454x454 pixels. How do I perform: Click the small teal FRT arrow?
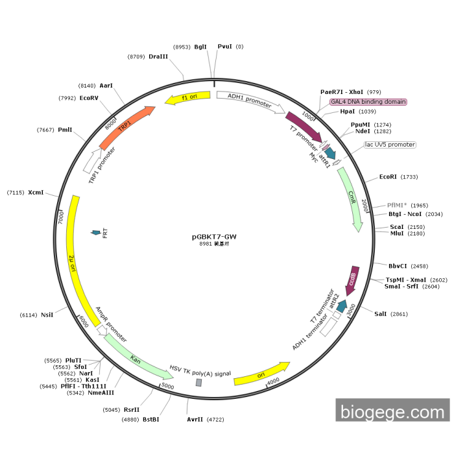pos(97,232)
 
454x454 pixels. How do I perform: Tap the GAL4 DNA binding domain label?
pos(368,102)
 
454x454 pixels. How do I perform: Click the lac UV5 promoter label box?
pos(390,145)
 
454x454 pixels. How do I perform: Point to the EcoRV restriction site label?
pos(89,98)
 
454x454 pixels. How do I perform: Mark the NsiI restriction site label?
pos(47,315)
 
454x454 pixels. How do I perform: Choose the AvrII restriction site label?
pos(195,420)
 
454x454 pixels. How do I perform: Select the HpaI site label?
pos(348,112)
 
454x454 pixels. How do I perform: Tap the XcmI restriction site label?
pos(36,192)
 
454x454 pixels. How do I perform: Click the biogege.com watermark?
pos(392,412)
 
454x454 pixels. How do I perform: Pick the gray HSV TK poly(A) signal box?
pos(199,383)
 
